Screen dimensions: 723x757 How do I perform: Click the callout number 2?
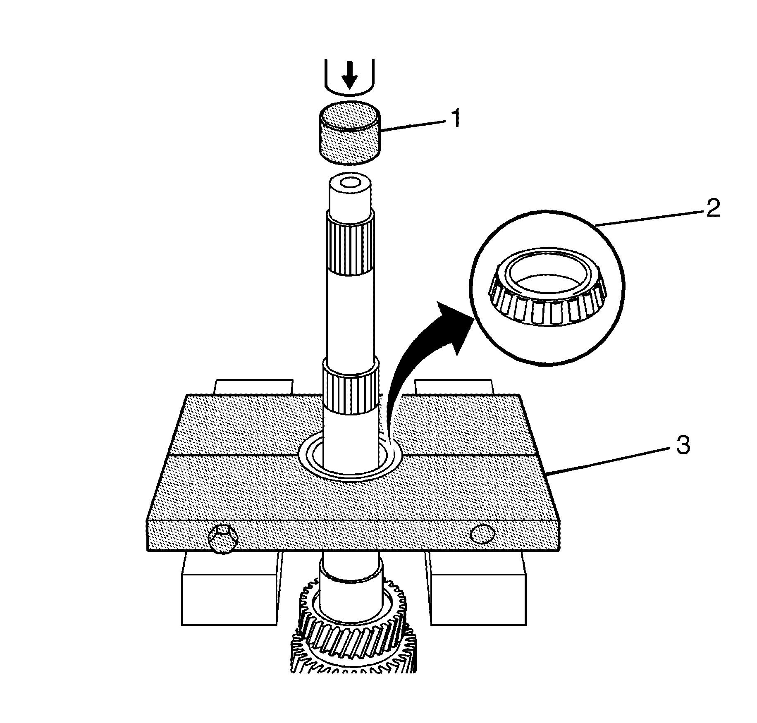(712, 208)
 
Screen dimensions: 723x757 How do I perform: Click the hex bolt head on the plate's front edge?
(223, 540)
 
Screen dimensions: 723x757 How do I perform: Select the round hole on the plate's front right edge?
(482, 534)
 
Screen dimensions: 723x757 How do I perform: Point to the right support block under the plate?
(478, 591)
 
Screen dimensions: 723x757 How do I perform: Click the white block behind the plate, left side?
(253, 387)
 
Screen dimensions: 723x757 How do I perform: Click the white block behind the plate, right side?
(454, 387)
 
